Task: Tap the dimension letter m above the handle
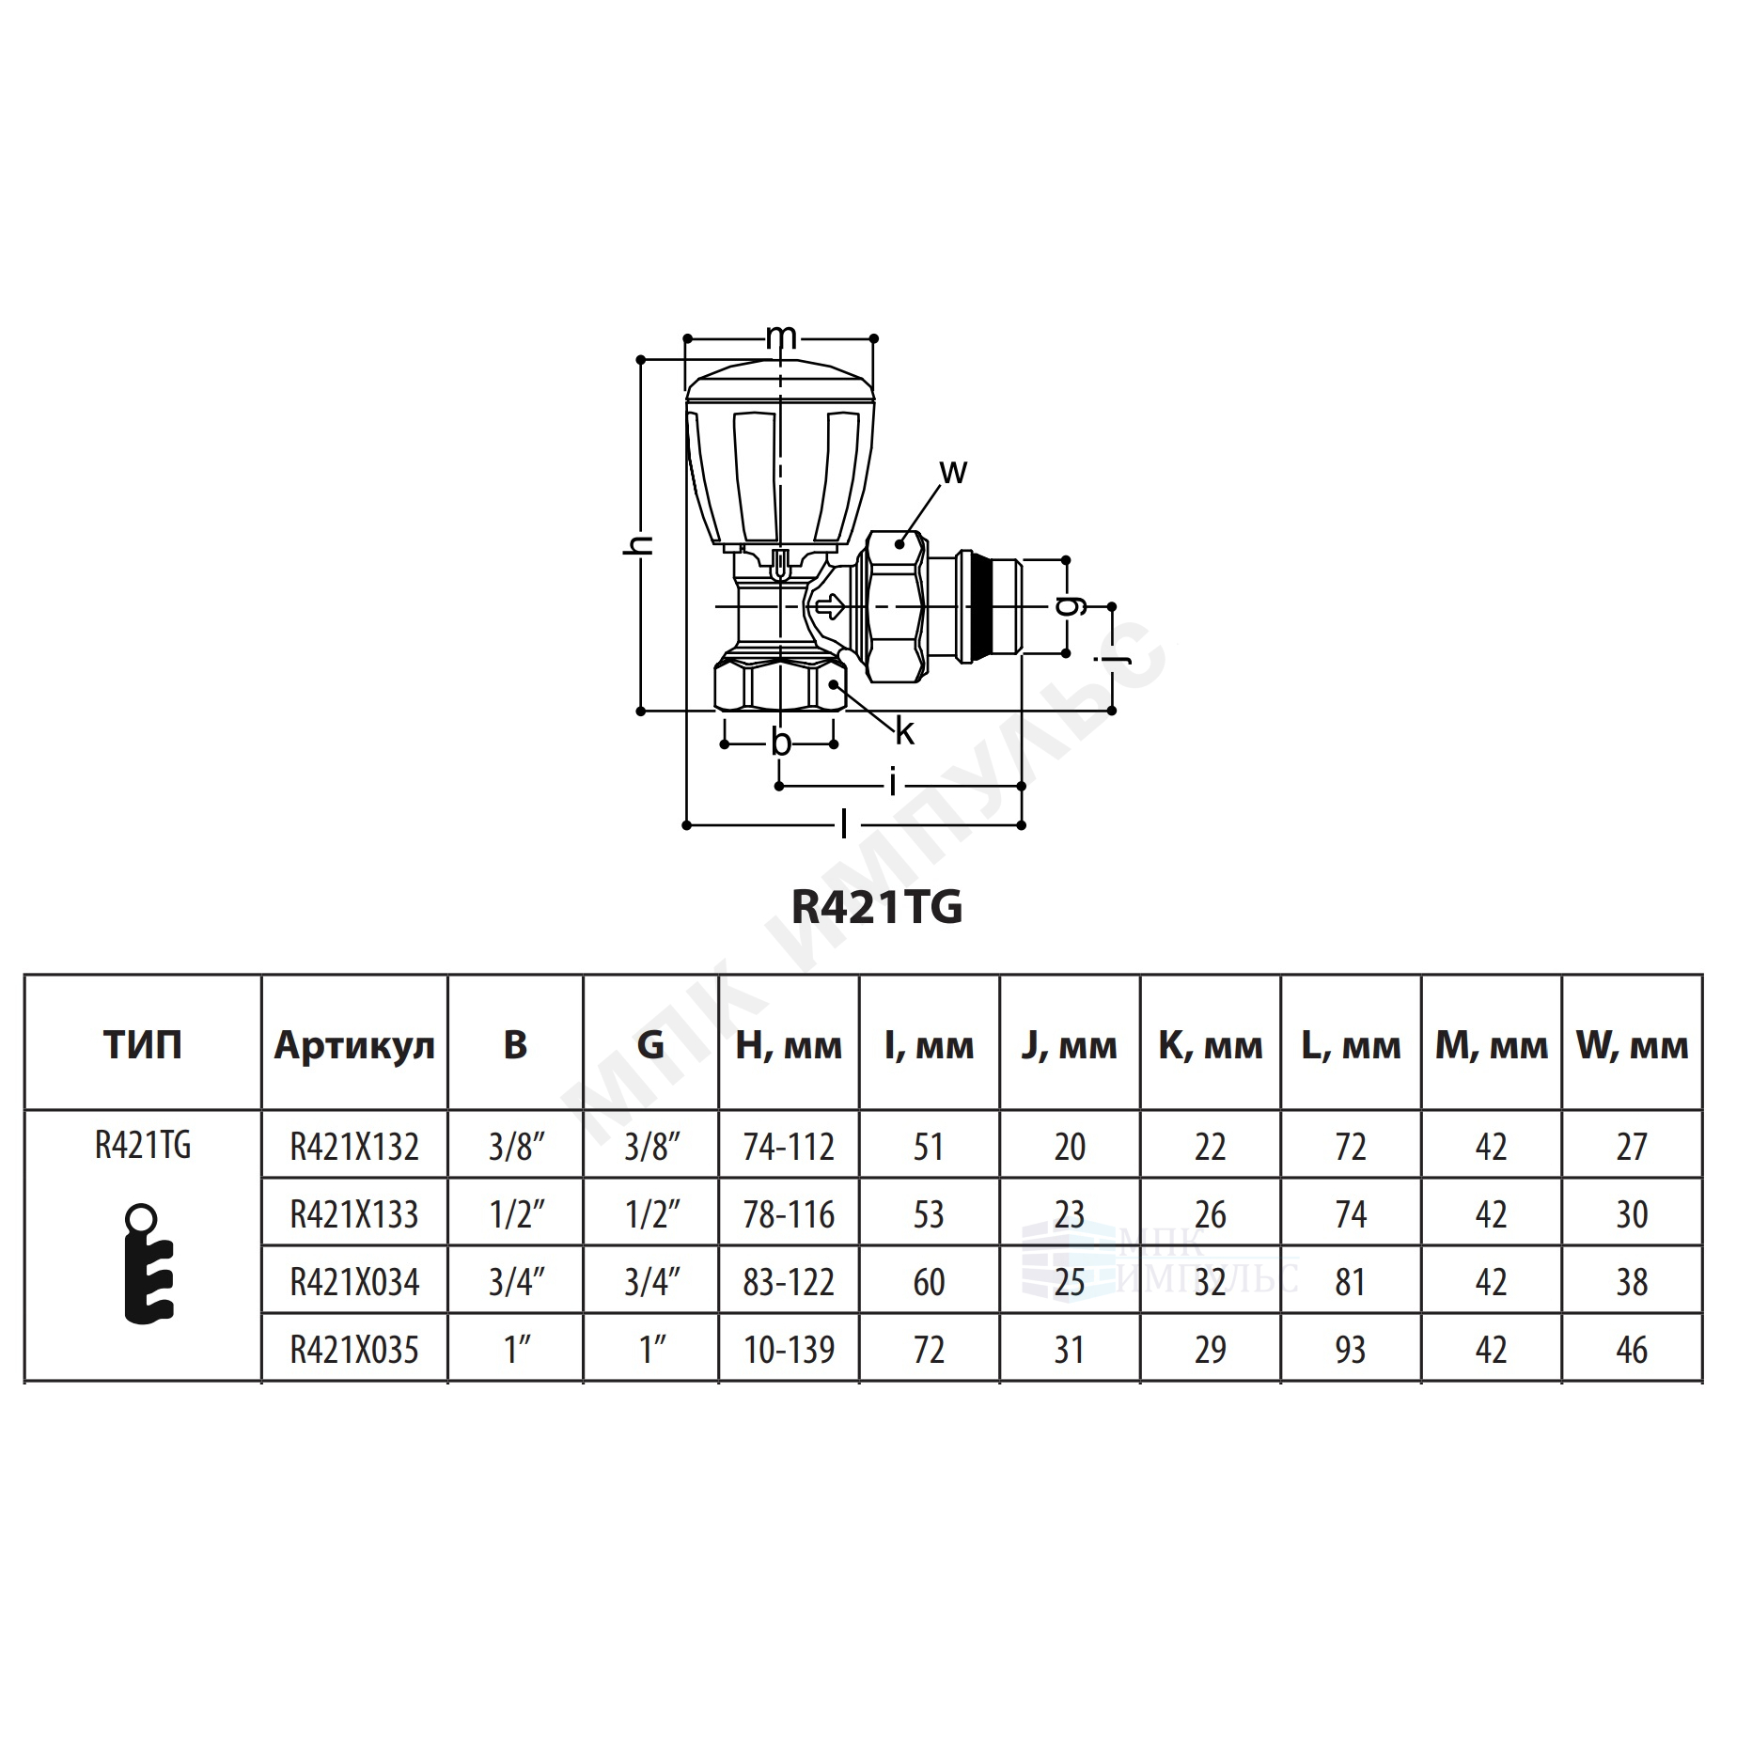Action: click(781, 336)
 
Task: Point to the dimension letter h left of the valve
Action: click(638, 544)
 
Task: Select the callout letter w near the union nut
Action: click(952, 471)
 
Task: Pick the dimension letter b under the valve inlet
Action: click(781, 742)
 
